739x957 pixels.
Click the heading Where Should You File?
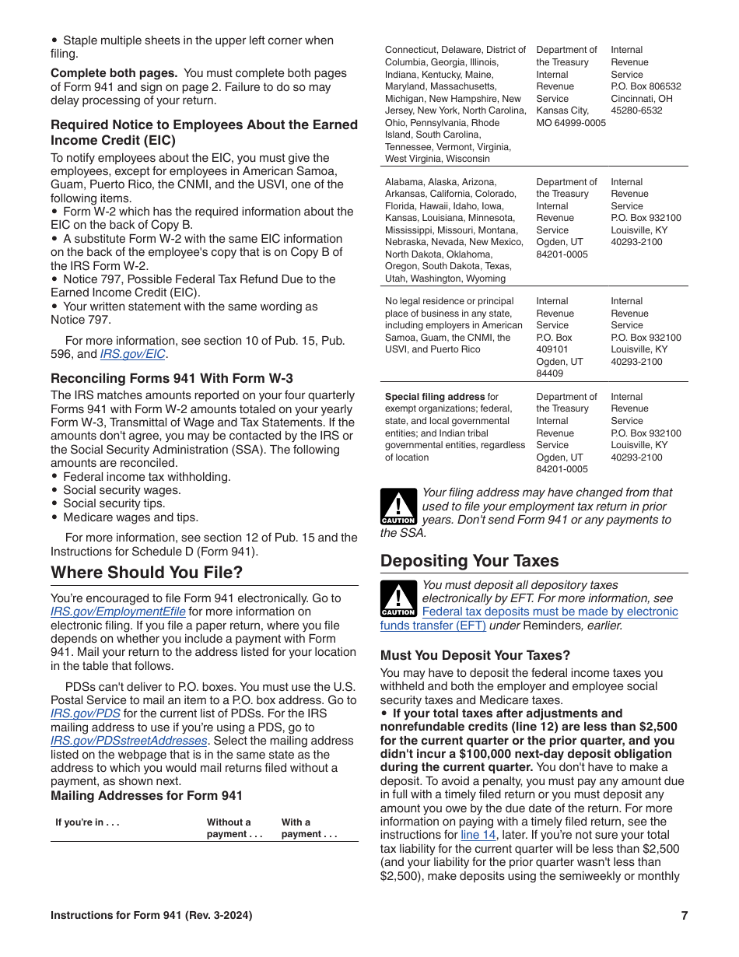[x=147, y=573]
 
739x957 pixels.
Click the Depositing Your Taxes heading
[x=469, y=561]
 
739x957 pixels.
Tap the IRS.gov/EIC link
[x=133, y=354]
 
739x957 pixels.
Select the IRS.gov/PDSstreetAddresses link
[x=129, y=741]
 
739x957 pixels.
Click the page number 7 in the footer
[x=684, y=916]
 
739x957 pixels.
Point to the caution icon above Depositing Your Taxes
[x=398, y=507]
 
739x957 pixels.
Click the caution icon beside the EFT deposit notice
[x=398, y=599]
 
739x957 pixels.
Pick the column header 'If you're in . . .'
[x=87, y=822]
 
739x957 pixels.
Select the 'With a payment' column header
[x=309, y=828]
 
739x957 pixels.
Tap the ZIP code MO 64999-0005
[x=570, y=123]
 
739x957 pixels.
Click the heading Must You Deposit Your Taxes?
[x=475, y=655]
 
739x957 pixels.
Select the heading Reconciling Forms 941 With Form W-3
[x=172, y=379]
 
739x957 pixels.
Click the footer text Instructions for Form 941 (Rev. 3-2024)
[x=151, y=916]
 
